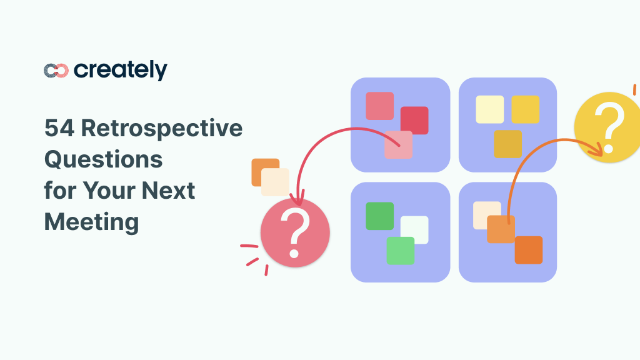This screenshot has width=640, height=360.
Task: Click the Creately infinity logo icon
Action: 56,71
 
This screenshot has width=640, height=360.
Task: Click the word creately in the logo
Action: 121,70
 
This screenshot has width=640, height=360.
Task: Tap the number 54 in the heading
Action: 58,129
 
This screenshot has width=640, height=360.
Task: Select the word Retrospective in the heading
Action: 162,129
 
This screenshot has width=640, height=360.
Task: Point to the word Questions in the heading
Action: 103,159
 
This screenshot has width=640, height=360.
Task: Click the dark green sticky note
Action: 379,216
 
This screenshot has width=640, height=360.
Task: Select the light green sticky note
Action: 400,251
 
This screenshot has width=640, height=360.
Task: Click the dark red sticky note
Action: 414,120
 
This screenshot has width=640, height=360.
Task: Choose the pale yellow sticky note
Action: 489,109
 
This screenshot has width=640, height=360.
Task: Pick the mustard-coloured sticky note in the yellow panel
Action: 507,144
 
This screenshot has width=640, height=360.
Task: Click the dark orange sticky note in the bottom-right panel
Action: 529,250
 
